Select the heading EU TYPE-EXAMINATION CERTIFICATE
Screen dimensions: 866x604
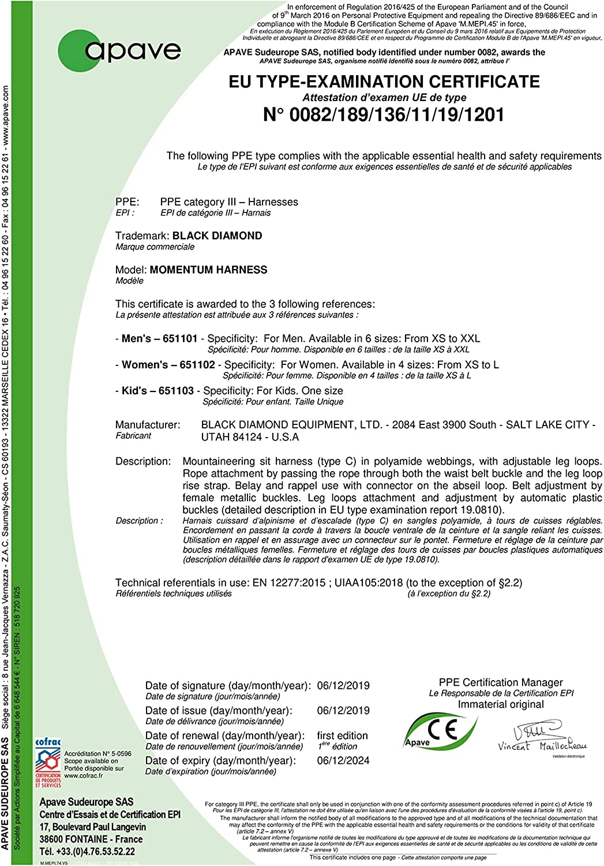(384, 81)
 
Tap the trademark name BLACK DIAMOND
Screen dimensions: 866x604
(217, 236)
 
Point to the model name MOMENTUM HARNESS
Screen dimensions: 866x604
(208, 270)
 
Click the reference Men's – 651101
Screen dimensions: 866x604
(159, 338)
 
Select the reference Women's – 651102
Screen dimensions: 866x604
(168, 365)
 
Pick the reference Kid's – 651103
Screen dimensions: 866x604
(157, 391)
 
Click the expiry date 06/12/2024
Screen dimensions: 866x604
(343, 760)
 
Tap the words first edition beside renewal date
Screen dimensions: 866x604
(342, 736)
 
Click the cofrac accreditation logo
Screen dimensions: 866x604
(48, 762)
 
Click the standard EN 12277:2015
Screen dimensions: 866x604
(289, 583)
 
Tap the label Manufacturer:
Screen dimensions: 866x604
(148, 425)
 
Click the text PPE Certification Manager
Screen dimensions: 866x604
(501, 682)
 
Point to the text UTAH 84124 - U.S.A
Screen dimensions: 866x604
(250, 437)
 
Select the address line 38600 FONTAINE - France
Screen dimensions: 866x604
(91, 839)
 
